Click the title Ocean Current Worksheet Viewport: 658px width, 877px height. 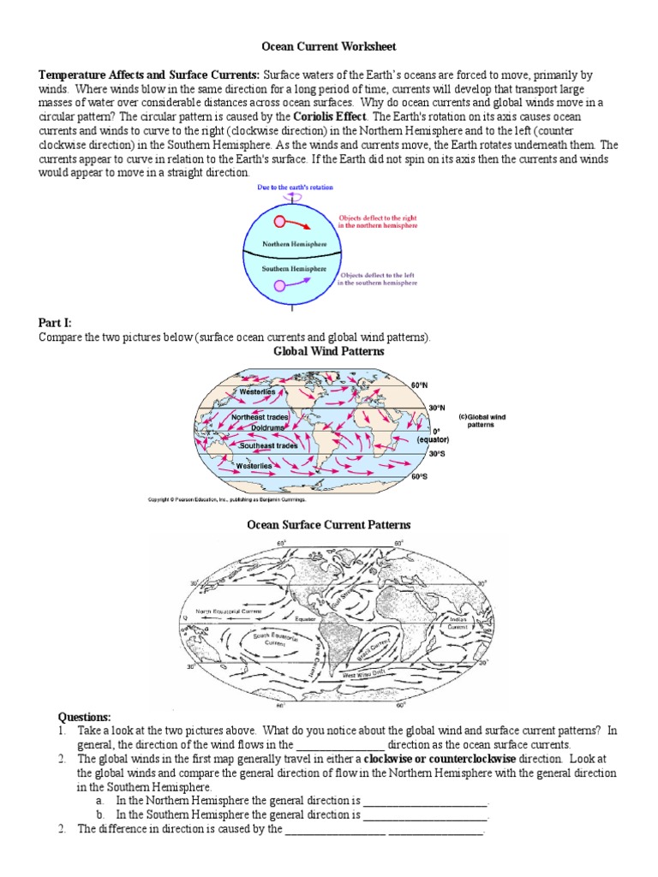328,45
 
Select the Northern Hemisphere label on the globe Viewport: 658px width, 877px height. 283,243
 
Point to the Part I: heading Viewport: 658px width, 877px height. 54,323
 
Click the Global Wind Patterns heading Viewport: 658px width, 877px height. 328,351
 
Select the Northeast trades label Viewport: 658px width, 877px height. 260,417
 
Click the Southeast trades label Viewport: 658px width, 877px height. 269,445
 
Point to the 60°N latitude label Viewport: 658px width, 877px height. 419,385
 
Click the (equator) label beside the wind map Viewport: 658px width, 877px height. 434,439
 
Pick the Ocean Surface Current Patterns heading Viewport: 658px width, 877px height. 329,524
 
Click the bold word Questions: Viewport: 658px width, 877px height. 84,716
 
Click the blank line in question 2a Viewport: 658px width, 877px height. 425,802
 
